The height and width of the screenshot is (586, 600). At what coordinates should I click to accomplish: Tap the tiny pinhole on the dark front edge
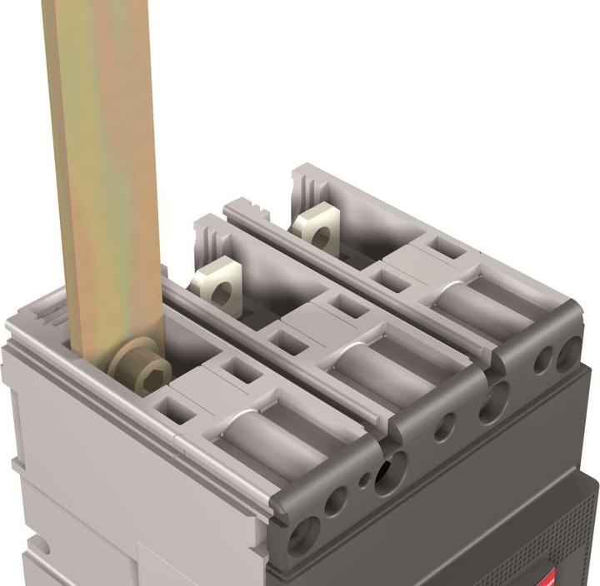(x=362, y=479)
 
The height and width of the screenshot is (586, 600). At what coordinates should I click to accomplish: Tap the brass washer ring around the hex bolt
(x=125, y=366)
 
